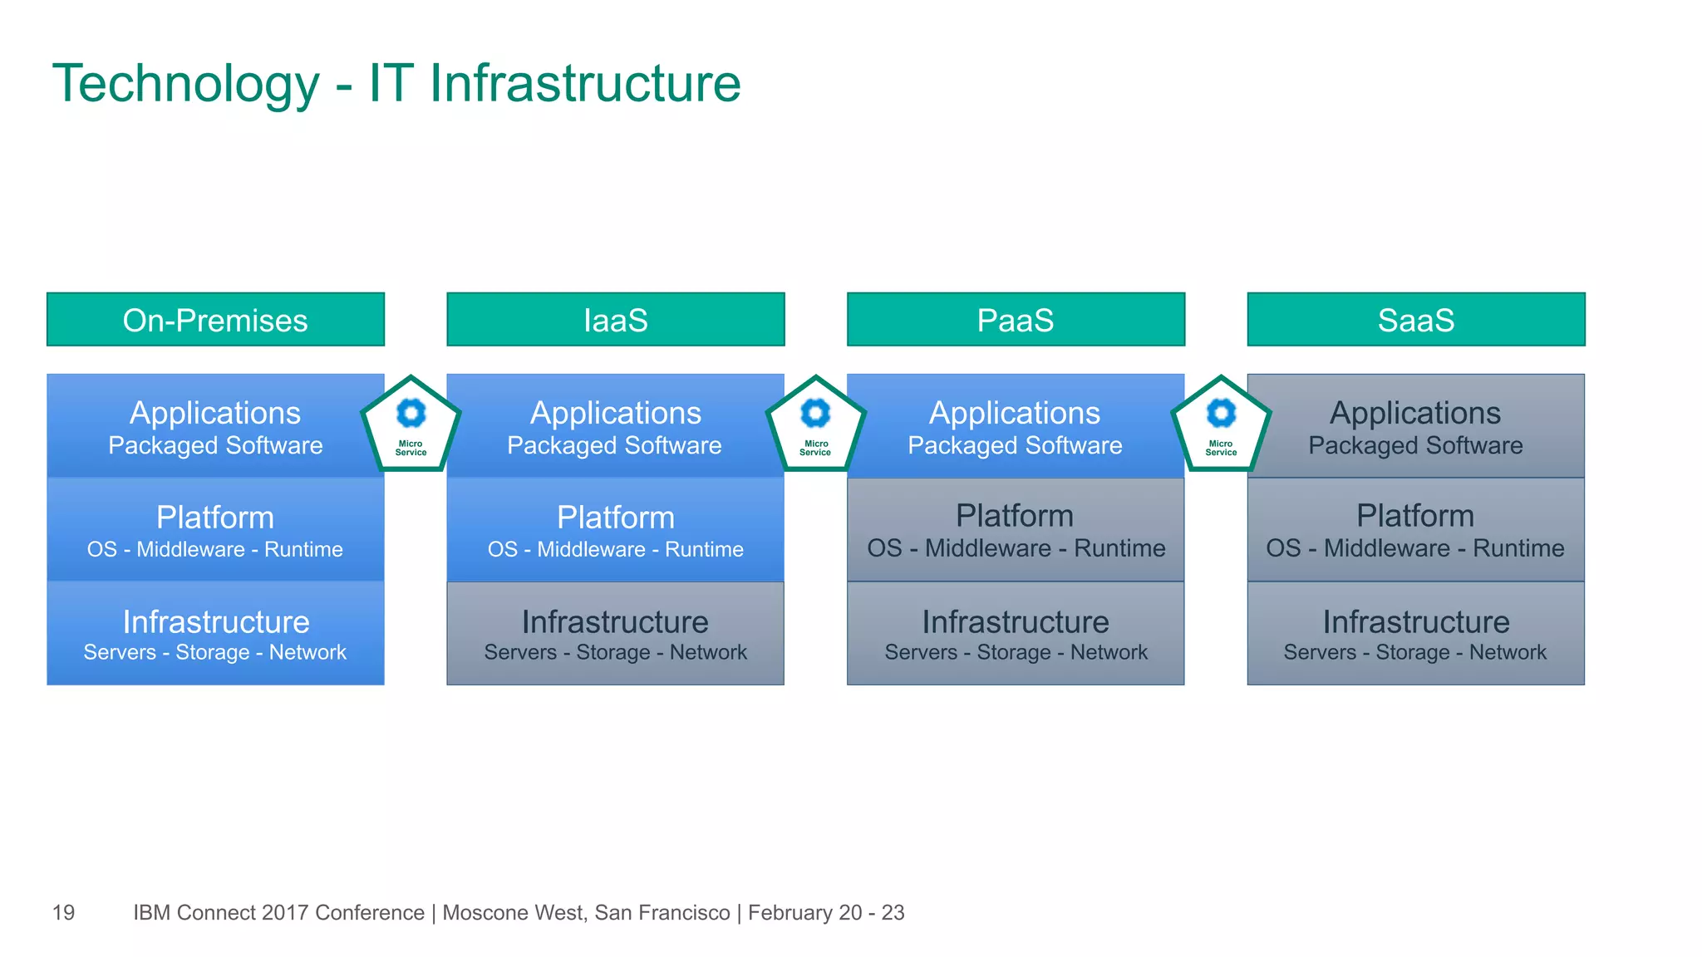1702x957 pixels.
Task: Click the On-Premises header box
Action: pos(215,319)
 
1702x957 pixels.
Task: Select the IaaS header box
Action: pos(615,319)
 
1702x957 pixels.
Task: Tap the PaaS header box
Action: pos(1016,319)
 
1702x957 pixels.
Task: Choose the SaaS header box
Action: pos(1415,319)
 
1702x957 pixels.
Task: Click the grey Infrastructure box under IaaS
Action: pos(615,633)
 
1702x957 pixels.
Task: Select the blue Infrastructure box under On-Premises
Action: pos(215,633)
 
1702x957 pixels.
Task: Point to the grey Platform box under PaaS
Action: pos(1016,529)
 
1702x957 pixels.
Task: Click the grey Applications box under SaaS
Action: pos(1415,425)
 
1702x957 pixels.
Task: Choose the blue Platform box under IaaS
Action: pos(615,529)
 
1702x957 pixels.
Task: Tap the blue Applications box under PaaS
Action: pos(1016,425)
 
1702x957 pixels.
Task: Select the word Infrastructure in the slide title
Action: pos(585,85)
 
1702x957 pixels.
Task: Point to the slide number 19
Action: pos(63,912)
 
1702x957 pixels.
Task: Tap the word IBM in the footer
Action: pos(152,912)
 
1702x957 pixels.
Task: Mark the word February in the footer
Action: pos(790,912)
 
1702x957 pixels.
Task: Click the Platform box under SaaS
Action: pos(1415,529)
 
